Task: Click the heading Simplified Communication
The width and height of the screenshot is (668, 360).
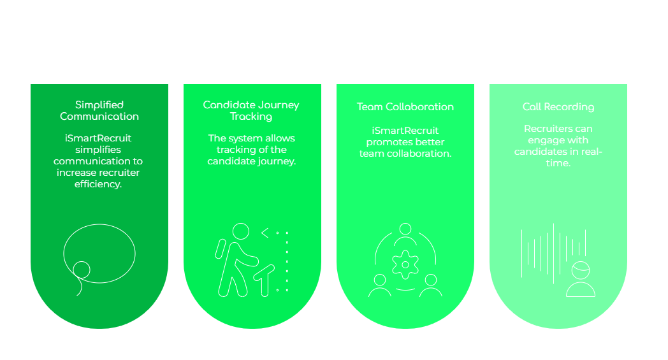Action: (x=99, y=111)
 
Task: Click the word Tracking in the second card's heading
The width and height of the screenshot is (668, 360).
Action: (x=251, y=117)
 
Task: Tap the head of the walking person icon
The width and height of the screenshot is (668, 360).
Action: (x=240, y=231)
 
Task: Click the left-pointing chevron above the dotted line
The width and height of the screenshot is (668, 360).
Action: (x=265, y=232)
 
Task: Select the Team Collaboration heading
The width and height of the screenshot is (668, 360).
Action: (x=405, y=107)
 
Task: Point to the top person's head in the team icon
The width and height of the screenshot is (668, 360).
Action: (x=405, y=229)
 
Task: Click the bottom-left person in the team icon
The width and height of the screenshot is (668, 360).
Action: (x=380, y=285)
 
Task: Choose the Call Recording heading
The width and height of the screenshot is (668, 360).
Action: (x=558, y=107)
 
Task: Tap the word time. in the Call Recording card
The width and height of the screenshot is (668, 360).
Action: (x=558, y=163)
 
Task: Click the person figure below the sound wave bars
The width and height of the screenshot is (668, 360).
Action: (x=580, y=281)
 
